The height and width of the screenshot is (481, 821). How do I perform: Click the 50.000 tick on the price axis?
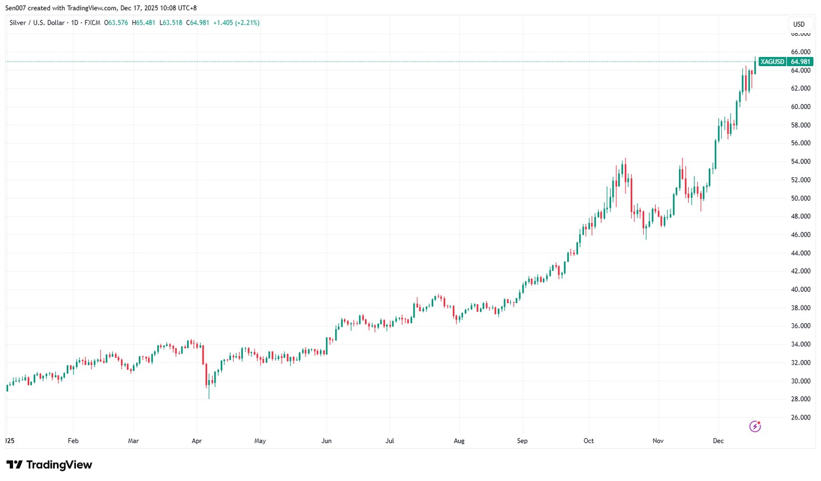coord(800,198)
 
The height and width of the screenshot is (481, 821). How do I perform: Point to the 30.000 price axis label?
coord(800,381)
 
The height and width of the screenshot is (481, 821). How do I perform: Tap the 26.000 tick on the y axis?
coord(800,417)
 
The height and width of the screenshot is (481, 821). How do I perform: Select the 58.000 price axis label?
coord(800,125)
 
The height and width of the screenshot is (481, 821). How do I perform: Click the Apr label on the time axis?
coord(197,441)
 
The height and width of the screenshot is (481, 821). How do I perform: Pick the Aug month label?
coord(459,441)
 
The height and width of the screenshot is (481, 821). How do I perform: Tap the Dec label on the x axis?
coord(718,441)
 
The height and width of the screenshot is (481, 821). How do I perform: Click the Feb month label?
coord(73,441)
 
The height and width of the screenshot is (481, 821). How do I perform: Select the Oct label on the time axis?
coord(588,441)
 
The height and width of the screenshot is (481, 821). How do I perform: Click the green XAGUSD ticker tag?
coord(773,62)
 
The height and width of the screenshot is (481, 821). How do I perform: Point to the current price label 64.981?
coord(800,62)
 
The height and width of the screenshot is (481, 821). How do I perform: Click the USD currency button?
coord(799,24)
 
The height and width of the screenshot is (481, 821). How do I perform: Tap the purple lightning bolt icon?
coord(755,426)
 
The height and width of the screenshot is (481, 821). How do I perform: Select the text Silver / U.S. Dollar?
coord(37,23)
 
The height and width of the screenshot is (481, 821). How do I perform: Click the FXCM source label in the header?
coord(92,23)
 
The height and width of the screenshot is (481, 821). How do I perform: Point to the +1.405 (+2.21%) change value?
coord(236,23)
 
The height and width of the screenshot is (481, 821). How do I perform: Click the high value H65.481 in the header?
coord(144,23)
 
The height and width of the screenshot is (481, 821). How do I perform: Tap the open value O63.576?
coord(116,23)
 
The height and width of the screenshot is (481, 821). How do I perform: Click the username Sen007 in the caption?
coord(16,8)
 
